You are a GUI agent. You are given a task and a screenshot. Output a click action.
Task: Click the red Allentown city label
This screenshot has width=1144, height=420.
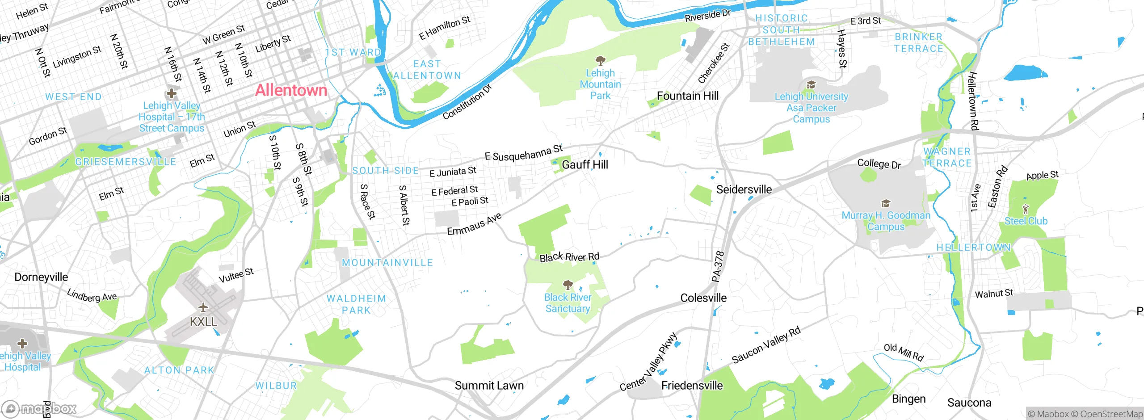(291, 91)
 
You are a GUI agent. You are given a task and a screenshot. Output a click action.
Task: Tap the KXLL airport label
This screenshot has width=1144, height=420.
(203, 321)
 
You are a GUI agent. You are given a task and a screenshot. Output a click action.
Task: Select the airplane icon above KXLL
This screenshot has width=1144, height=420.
(203, 307)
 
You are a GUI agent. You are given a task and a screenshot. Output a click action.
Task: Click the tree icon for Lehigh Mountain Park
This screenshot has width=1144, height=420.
(600, 60)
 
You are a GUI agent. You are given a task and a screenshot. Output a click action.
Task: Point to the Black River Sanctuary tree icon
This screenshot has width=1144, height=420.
(568, 285)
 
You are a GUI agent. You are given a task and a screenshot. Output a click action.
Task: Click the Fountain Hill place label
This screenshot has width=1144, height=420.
(688, 96)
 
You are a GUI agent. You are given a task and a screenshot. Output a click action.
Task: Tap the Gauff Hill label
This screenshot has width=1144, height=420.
(585, 164)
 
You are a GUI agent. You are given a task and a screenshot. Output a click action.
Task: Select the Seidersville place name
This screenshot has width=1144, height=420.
(744, 189)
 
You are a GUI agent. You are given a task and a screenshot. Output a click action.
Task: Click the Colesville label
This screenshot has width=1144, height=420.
(703, 298)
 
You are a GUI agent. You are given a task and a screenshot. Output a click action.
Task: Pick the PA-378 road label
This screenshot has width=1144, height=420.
(717, 267)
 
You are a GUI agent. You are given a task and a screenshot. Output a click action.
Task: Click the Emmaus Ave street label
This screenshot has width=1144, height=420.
(475, 224)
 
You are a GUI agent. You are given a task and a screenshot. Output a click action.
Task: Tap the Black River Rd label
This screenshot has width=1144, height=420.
(569, 257)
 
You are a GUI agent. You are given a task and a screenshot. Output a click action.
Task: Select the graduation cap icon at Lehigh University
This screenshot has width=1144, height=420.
(811, 84)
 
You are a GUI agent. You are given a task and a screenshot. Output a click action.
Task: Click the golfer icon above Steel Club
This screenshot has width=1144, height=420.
(1026, 209)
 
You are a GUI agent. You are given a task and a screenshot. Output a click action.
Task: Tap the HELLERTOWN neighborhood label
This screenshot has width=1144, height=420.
(973, 248)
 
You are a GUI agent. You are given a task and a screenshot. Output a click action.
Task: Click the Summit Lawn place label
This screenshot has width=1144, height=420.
(489, 386)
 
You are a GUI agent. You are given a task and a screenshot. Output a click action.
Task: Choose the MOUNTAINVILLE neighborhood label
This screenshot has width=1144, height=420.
(387, 263)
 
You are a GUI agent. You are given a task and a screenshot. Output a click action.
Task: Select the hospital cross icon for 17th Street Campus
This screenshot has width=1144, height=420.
(171, 94)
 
